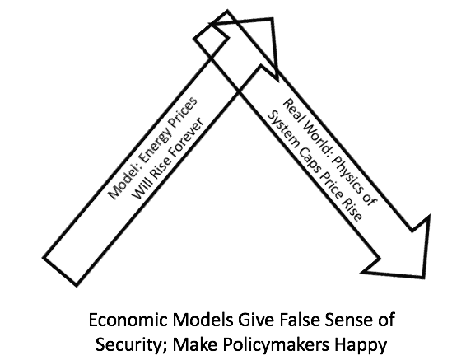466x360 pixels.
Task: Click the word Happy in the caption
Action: tap(361, 346)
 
